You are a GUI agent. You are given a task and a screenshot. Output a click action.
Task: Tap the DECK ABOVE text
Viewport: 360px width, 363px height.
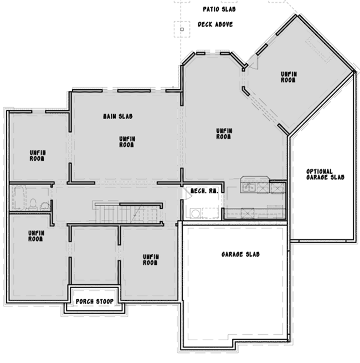coord(215,24)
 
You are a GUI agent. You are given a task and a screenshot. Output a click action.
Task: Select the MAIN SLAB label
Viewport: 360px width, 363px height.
coord(117,116)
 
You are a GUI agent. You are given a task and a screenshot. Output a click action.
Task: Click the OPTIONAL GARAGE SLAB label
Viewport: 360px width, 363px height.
coord(325,175)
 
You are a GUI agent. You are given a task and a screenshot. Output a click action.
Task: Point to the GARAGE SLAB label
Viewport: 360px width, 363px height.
coord(240,254)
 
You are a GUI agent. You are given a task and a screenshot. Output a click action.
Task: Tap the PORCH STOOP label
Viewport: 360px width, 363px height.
coord(94,301)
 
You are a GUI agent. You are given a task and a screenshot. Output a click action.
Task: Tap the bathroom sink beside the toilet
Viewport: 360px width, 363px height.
coord(45,206)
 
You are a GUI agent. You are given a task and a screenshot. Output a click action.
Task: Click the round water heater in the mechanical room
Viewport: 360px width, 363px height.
coord(195,213)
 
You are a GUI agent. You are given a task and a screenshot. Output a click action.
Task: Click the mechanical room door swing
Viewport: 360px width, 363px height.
coord(186,192)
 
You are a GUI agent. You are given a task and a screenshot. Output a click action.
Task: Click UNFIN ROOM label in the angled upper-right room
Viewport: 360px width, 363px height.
coord(288,76)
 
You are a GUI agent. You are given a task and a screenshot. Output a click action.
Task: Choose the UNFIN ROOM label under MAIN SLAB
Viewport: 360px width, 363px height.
coord(127,142)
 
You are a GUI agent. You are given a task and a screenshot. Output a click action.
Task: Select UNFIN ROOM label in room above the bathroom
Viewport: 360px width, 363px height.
coord(37,155)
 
